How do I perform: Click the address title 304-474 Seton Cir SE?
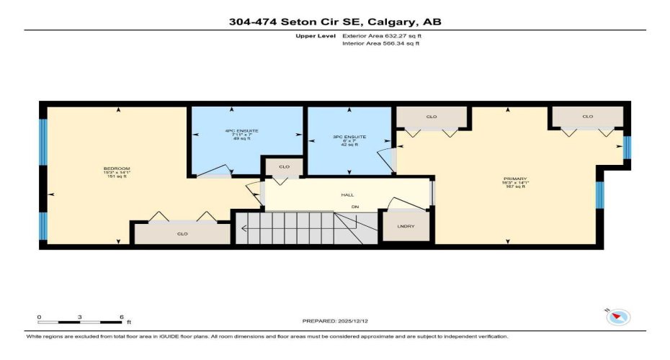click(x=334, y=22)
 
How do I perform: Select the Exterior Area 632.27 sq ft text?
click(x=382, y=35)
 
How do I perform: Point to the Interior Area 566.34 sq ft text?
click(x=381, y=43)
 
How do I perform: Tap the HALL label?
click(x=347, y=194)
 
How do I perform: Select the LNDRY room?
click(x=406, y=227)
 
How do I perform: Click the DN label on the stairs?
click(x=354, y=207)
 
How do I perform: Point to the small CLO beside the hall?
click(x=284, y=167)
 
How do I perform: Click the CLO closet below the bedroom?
click(x=182, y=233)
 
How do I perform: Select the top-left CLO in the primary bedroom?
click(x=432, y=117)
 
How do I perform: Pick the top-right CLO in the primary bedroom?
click(x=587, y=117)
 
